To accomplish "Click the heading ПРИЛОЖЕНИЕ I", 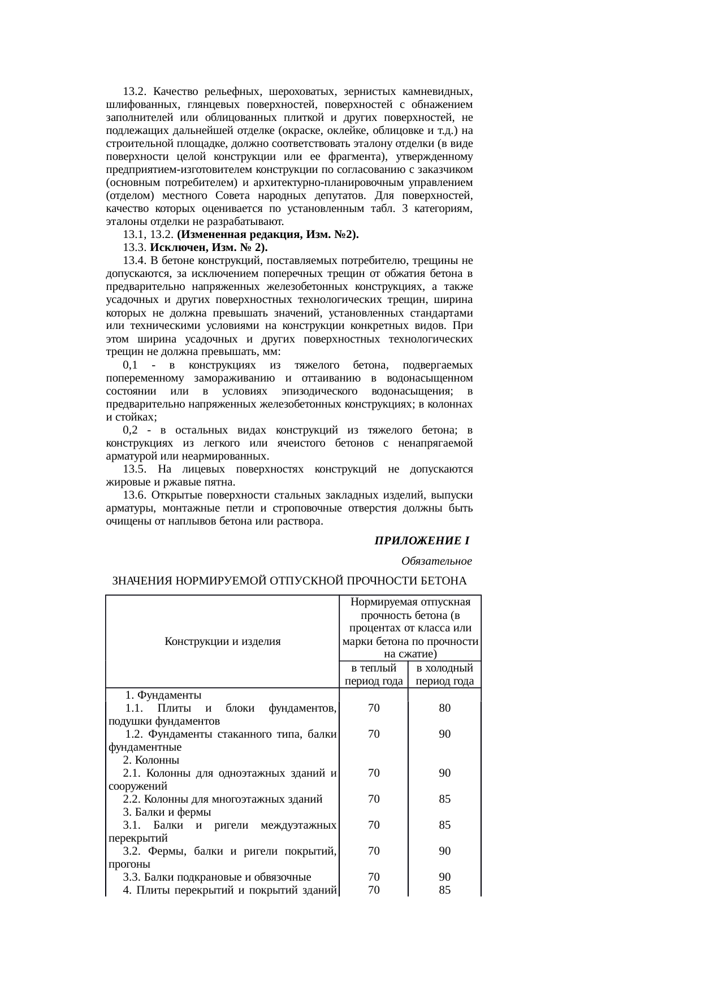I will (x=422, y=541).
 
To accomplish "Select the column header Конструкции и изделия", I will (x=223, y=641).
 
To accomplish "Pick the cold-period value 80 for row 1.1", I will (x=444, y=708).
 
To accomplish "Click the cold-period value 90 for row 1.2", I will (x=444, y=734).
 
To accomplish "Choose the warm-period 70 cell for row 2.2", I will (x=373, y=799).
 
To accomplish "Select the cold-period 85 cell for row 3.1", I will (x=444, y=825).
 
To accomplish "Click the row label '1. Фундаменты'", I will (x=163, y=695).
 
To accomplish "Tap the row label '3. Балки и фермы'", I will (x=167, y=812).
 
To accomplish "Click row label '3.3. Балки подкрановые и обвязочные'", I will (x=217, y=877).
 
